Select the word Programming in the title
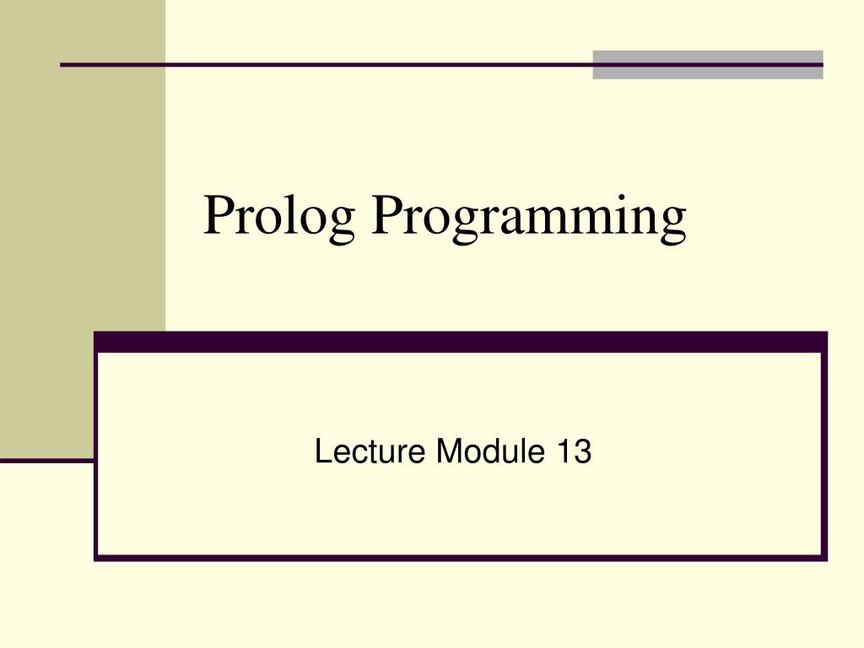[530, 217]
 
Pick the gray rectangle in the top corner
[707, 64]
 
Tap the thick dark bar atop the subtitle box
[460, 342]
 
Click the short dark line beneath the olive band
[46, 461]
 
